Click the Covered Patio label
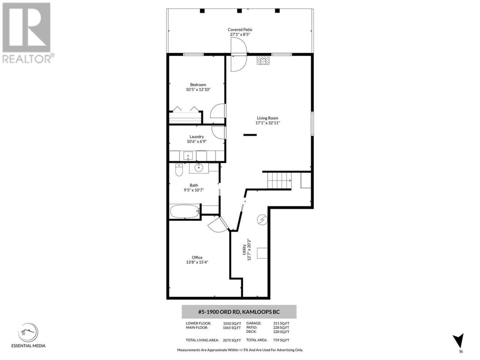[240, 30]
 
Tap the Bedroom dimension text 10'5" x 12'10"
[198, 89]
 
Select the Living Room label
[267, 118]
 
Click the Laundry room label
[196, 136]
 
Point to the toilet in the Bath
[179, 170]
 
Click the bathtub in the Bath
[185, 211]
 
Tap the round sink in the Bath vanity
[199, 168]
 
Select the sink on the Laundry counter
[188, 156]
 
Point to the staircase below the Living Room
[279, 180]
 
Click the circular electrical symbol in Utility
[262, 219]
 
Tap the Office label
[197, 258]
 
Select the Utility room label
[244, 249]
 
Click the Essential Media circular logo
[28, 333]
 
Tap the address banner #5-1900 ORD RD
[239, 312]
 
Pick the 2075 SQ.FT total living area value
[232, 340]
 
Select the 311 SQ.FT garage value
[281, 323]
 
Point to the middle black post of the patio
[240, 11]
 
